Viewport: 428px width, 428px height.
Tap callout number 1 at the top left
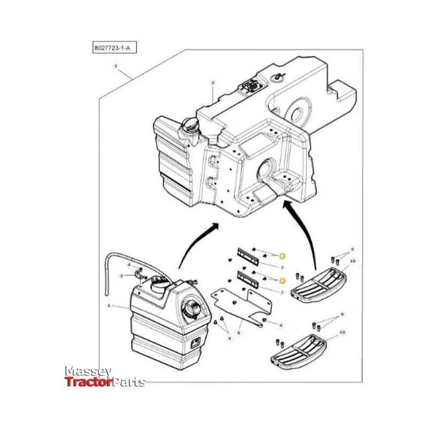[x=115, y=66]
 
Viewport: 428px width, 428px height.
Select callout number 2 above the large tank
[x=212, y=83]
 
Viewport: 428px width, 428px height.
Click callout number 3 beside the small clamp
[x=121, y=276]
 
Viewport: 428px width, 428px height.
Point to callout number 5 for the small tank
[x=109, y=306]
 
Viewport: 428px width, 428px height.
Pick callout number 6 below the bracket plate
[x=239, y=332]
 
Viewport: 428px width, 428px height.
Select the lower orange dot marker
[x=282, y=280]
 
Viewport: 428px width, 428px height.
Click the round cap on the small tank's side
[x=192, y=310]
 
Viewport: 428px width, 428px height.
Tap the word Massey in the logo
[x=88, y=371]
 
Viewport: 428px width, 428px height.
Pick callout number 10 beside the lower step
[x=342, y=332]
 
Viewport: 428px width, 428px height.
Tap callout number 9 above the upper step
[x=352, y=250]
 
